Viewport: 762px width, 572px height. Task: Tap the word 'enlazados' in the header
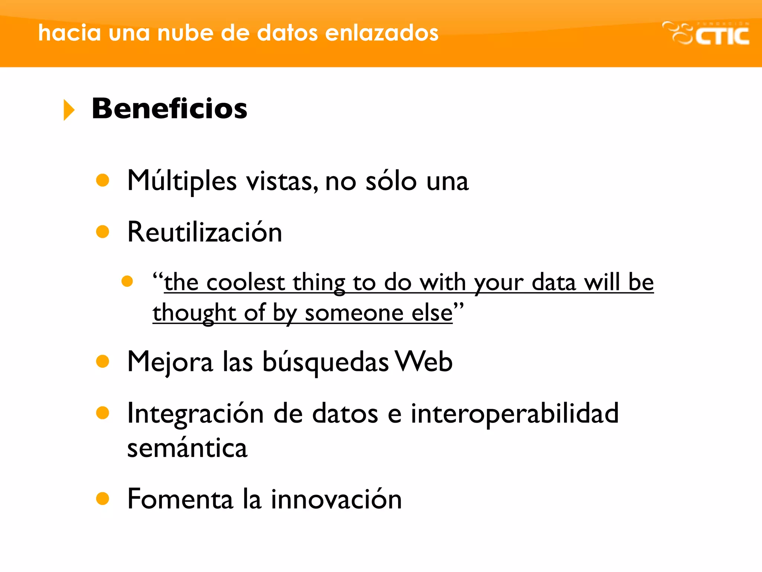[x=382, y=33]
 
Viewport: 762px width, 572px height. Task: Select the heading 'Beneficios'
[x=169, y=109]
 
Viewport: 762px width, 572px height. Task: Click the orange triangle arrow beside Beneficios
[x=69, y=110]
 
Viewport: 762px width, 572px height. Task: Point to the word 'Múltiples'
[x=182, y=181]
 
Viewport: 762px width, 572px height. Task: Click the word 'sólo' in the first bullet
[x=391, y=181]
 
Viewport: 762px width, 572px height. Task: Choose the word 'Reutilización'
[x=205, y=232]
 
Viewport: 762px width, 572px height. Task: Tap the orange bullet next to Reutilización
[x=102, y=232]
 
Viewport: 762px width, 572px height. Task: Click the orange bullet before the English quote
[x=127, y=281]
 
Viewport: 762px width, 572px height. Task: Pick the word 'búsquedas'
[x=326, y=362]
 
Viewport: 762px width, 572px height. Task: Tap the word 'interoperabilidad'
[x=515, y=413]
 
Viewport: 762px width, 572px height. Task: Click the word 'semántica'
[x=187, y=448]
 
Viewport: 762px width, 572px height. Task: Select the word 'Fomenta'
[x=180, y=499]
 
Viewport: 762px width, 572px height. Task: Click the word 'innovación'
[x=336, y=499]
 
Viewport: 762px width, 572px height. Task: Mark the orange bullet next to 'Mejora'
[x=102, y=361]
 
